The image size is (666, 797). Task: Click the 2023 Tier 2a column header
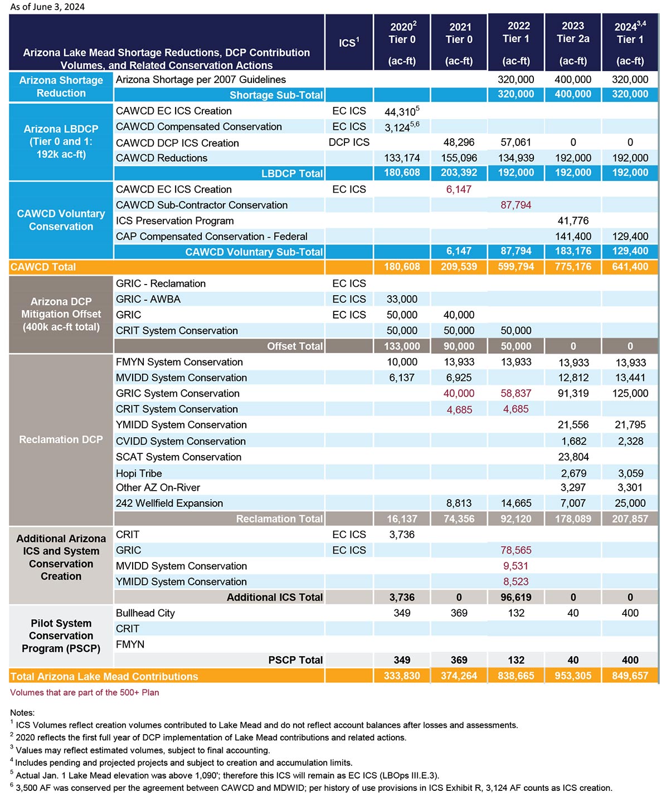pyautogui.click(x=573, y=43)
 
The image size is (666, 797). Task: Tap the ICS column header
pyautogui.click(x=349, y=42)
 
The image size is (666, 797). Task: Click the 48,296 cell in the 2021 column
pyautogui.click(x=459, y=143)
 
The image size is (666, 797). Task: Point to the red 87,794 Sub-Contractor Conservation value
pyautogui.click(x=516, y=205)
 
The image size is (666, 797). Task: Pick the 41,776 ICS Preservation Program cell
pyautogui.click(x=573, y=221)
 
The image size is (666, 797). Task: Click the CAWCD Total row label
pyautogui.click(x=43, y=267)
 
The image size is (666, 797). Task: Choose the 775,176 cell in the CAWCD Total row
pyautogui.click(x=573, y=266)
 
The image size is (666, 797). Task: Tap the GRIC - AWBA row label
pyautogui.click(x=148, y=299)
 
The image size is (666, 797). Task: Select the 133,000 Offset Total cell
pyautogui.click(x=402, y=346)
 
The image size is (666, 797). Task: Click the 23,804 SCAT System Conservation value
pyautogui.click(x=573, y=457)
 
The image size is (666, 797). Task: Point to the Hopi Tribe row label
pyautogui.click(x=139, y=473)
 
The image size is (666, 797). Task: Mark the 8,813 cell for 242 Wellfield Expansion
pyautogui.click(x=459, y=503)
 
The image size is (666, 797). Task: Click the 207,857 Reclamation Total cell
pyautogui.click(x=630, y=519)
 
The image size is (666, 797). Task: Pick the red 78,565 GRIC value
pyautogui.click(x=516, y=550)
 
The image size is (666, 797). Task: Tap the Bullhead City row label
pyautogui.click(x=145, y=613)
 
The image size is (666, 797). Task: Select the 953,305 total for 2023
pyautogui.click(x=573, y=676)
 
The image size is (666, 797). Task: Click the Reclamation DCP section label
pyautogui.click(x=61, y=439)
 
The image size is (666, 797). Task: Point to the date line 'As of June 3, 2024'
pyautogui.click(x=47, y=7)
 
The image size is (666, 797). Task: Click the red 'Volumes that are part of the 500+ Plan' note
pyautogui.click(x=84, y=692)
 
